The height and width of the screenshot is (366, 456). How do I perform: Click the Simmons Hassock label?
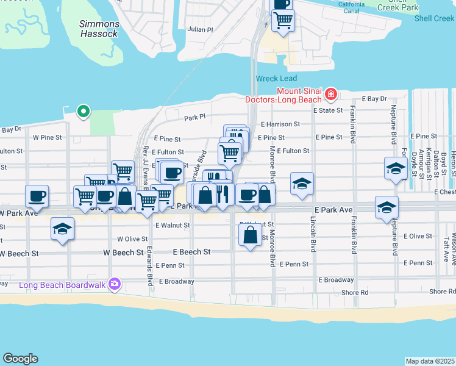pyautogui.click(x=99, y=29)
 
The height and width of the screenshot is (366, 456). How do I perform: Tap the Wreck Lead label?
pyautogui.click(x=276, y=79)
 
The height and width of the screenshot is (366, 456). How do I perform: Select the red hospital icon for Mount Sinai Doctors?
pyautogui.click(x=330, y=93)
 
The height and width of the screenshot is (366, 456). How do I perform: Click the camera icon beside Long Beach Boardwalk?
pyautogui.click(x=114, y=284)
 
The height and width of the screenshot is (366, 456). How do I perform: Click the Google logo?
pyautogui.click(x=20, y=359)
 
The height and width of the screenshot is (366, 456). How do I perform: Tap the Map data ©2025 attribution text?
pyautogui.click(x=430, y=361)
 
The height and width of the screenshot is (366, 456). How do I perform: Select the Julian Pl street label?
pyautogui.click(x=201, y=29)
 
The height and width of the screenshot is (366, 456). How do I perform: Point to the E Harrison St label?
pyautogui.click(x=279, y=124)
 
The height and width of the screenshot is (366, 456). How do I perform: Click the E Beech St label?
pyautogui.click(x=191, y=251)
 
